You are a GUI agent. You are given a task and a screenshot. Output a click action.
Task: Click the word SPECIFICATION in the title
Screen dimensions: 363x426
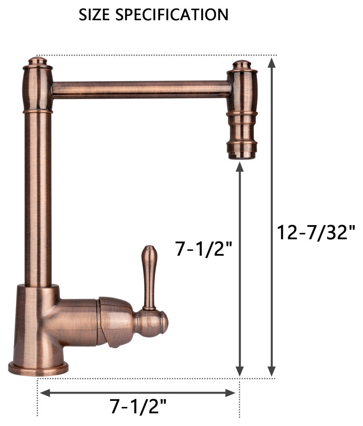tap(172, 15)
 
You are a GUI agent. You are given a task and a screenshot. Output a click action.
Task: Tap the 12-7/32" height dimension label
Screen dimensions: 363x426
tap(316, 232)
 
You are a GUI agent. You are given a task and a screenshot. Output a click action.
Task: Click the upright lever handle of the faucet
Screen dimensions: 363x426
tap(149, 278)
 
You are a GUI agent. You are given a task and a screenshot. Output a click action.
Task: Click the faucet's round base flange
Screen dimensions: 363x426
tap(38, 369)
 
